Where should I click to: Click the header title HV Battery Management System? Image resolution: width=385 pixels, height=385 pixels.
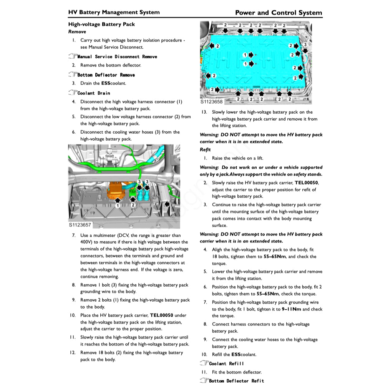point(114,12)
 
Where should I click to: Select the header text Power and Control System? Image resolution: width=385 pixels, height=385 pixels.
point(279,13)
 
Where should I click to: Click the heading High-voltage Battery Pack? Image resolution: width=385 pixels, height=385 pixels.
point(101,24)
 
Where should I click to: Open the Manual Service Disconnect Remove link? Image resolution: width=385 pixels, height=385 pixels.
point(117,56)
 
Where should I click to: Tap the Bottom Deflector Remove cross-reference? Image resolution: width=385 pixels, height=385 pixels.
point(106,75)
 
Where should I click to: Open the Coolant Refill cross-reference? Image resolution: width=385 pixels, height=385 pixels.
point(226,363)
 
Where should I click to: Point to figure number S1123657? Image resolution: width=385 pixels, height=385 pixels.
point(80,225)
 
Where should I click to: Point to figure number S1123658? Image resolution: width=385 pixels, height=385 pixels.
point(211,102)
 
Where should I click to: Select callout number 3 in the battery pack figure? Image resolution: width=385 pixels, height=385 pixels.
point(305,45)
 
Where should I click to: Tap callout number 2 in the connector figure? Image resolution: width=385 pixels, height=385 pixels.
point(133,205)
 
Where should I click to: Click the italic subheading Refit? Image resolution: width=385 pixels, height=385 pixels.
point(205,149)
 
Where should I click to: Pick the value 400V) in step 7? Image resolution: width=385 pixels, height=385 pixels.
point(87,242)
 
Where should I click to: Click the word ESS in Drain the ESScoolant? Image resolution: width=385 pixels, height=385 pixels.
point(106,83)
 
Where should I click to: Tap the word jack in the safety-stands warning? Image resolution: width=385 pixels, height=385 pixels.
point(223,174)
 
